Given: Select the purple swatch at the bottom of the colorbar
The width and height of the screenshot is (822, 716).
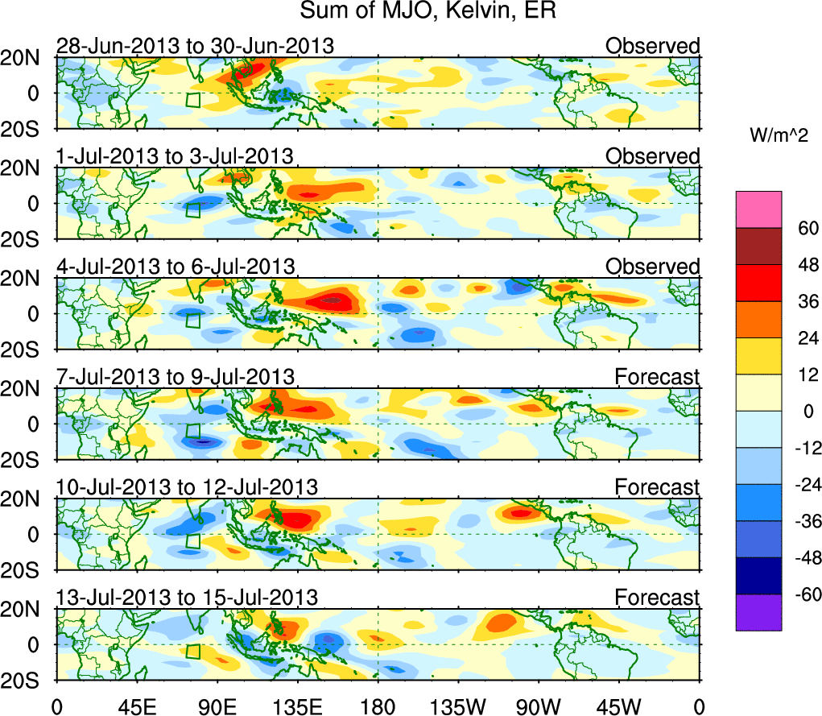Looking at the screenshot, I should pyautogui.click(x=758, y=612).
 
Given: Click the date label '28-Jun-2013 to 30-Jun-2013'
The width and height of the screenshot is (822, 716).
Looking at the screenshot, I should pyautogui.click(x=195, y=46).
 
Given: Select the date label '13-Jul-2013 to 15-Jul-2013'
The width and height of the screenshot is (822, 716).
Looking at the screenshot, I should pyautogui.click(x=187, y=598).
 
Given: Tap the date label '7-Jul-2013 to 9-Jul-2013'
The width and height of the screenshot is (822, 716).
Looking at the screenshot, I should pyautogui.click(x=175, y=376).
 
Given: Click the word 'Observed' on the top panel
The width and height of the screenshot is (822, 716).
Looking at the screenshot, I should pyautogui.click(x=653, y=46).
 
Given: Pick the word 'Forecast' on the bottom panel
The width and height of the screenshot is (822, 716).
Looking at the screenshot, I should pyautogui.click(x=658, y=598).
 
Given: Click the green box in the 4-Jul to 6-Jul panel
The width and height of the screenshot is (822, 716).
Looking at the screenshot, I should pyautogui.click(x=192, y=321).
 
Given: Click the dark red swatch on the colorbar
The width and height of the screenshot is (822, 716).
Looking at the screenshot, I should pyautogui.click(x=758, y=246).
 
